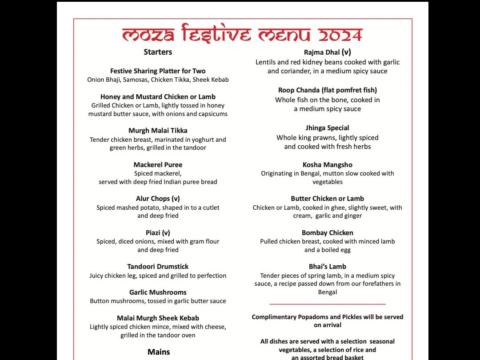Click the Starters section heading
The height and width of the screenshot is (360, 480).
[158, 52]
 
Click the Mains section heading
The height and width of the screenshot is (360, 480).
[159, 352]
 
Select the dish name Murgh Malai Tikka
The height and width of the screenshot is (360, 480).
[158, 131]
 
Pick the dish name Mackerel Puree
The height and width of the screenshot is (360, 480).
[158, 165]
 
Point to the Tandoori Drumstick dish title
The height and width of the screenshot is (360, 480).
[158, 267]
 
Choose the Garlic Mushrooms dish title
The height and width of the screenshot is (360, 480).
[158, 292]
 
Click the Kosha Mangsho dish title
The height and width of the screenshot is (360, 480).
[328, 165]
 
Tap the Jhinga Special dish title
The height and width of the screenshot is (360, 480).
[328, 128]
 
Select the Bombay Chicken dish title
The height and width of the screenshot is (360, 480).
[328, 233]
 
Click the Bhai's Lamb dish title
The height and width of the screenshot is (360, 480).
[328, 267]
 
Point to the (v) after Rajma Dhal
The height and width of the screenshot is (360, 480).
[346, 52]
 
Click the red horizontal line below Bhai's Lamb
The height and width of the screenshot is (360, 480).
[328, 304]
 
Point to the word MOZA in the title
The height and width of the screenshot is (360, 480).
[145, 35]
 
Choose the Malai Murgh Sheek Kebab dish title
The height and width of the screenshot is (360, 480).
[158, 318]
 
